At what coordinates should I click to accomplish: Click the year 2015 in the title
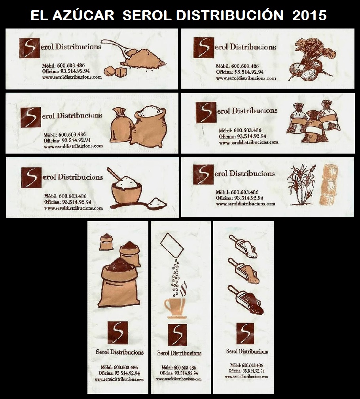tap(309, 15)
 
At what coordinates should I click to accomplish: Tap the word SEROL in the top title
tap(146, 15)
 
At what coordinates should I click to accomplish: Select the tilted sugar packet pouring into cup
tap(172, 245)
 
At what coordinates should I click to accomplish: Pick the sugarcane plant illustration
tap(301, 185)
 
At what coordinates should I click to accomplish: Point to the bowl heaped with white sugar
tap(127, 189)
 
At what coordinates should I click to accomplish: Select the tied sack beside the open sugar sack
tap(121, 125)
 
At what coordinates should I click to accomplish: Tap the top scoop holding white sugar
tap(243, 246)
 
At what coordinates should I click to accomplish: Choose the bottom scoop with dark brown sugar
tap(246, 300)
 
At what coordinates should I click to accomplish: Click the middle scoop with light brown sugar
tap(244, 271)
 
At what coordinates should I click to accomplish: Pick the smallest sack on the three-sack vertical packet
tap(106, 242)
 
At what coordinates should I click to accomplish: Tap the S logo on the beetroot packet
tap(204, 47)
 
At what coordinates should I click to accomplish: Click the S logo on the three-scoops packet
tap(245, 333)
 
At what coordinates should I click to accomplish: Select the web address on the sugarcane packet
tap(246, 204)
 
